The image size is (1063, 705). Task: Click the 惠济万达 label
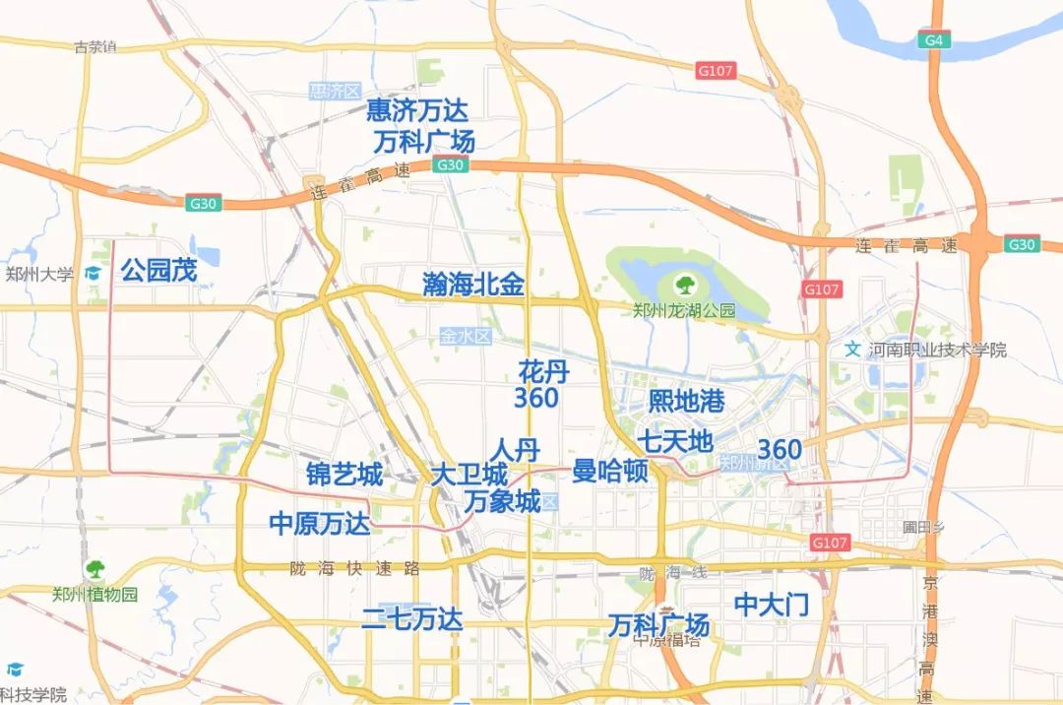(x=417, y=108)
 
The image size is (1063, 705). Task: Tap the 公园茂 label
(x=158, y=271)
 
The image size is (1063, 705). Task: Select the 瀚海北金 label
(x=472, y=286)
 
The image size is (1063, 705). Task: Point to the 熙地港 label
(x=686, y=401)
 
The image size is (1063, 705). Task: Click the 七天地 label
(x=674, y=441)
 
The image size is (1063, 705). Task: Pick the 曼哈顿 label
(x=610, y=472)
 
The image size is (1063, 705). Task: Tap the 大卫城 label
(x=469, y=475)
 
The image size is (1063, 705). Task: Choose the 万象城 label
(x=502, y=501)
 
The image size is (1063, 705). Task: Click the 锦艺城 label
(x=344, y=475)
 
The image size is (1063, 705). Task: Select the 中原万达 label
(x=320, y=524)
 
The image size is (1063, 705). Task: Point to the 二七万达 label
(x=411, y=619)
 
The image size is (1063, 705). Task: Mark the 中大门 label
(x=772, y=605)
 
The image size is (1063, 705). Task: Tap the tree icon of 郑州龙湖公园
(x=683, y=287)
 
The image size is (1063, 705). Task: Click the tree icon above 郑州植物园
(x=94, y=569)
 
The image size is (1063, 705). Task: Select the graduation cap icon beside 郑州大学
(x=94, y=273)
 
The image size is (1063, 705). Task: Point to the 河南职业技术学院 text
(x=937, y=350)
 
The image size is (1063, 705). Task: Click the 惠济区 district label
(x=336, y=91)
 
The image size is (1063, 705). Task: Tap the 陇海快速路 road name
(x=355, y=568)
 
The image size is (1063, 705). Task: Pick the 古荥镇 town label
(x=95, y=46)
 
